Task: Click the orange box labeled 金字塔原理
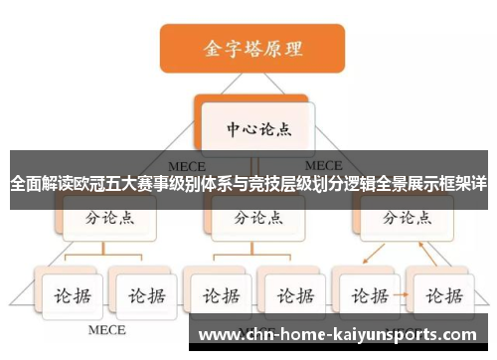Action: coord(253,48)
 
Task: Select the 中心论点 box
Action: coord(254,129)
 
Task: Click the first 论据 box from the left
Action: coord(67,295)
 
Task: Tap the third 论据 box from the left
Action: coord(216,295)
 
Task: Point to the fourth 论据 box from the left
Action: coord(290,295)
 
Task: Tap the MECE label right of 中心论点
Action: coord(323,165)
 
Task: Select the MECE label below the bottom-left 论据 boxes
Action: coord(107,328)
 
